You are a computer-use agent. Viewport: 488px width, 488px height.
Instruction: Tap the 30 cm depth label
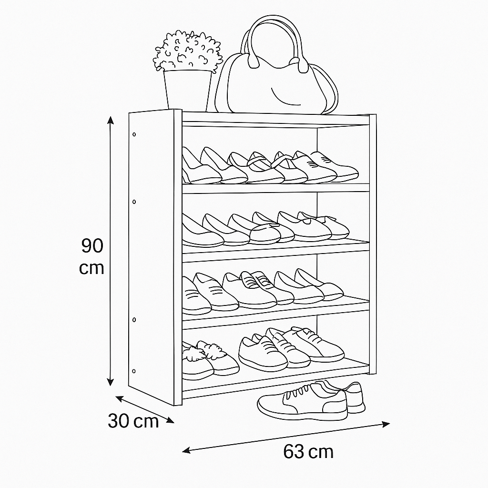[133, 421]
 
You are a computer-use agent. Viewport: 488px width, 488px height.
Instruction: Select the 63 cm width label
[308, 452]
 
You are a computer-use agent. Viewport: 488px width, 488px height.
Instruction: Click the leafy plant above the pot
[188, 51]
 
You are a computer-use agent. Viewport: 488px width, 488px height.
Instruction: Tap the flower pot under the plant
[187, 90]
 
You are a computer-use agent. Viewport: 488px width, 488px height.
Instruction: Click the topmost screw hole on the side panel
[134, 134]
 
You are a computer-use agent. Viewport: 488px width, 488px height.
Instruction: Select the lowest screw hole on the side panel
[134, 371]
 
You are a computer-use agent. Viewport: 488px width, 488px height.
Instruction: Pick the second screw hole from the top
[134, 202]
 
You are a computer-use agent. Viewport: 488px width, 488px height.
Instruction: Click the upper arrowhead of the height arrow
[110, 120]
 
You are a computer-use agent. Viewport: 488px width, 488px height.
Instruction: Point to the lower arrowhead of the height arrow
[110, 382]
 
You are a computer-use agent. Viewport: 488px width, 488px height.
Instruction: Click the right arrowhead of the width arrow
[386, 424]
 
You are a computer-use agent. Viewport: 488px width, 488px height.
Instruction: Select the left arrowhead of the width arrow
[186, 450]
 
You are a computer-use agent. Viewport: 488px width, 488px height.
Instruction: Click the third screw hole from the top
[134, 320]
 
